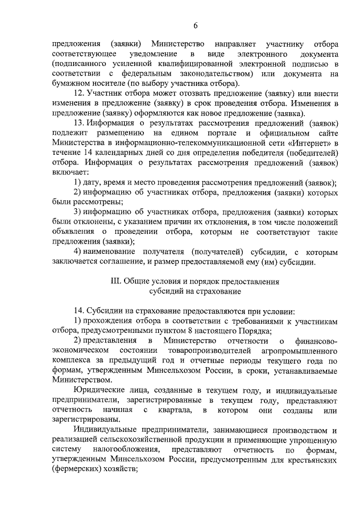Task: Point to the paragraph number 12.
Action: pos(78,92)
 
